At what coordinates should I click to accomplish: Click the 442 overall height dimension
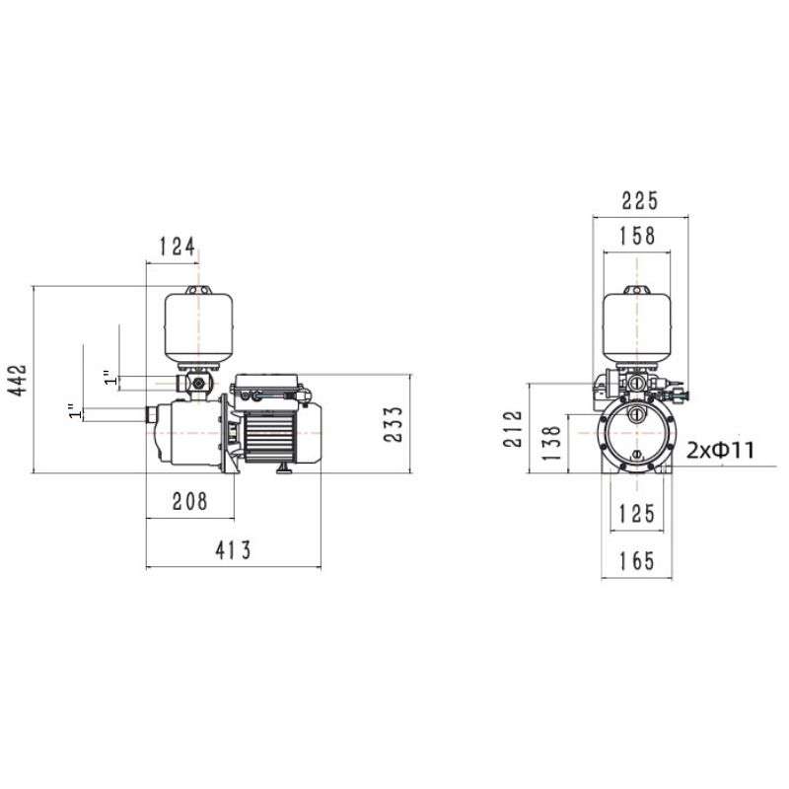[18, 380]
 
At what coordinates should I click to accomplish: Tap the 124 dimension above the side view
[178, 247]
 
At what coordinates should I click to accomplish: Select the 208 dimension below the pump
[189, 501]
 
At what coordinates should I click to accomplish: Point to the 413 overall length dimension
[233, 550]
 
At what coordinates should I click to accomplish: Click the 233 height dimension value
[393, 424]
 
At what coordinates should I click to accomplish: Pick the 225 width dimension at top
[639, 200]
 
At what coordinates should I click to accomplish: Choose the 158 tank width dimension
[637, 236]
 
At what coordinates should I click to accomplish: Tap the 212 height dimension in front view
[513, 429]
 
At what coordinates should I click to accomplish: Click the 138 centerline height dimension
[552, 443]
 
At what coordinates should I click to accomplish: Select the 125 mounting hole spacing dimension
[637, 514]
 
